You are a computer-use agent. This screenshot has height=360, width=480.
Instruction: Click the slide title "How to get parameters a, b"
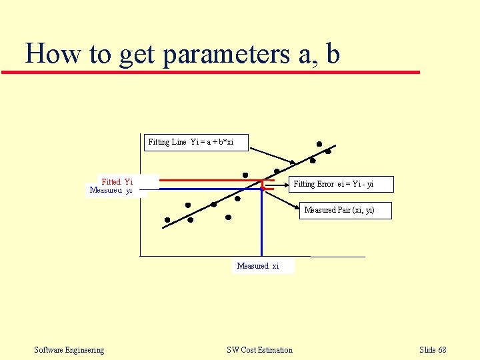[182, 53]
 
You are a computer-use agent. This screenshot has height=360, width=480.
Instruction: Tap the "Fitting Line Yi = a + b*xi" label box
[191, 142]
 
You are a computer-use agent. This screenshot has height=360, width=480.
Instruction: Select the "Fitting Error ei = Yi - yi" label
[343, 184]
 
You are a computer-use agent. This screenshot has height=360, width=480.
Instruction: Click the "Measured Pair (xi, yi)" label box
[339, 210]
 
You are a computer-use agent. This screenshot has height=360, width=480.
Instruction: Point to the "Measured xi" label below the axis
[258, 266]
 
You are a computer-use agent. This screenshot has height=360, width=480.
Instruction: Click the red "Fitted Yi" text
[117, 181]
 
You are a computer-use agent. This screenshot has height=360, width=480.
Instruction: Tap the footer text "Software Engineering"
[69, 350]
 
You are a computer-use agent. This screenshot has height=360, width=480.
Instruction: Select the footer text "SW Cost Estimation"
[259, 350]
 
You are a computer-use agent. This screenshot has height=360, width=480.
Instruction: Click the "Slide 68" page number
[433, 350]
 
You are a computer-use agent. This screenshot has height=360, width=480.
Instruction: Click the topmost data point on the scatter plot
[319, 144]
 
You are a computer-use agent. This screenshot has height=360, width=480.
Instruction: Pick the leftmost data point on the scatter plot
[167, 219]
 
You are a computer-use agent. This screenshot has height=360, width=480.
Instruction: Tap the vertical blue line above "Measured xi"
[261, 227]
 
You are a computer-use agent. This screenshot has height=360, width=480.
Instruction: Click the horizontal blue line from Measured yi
[200, 189]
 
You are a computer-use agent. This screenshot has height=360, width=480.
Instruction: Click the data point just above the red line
[245, 175]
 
